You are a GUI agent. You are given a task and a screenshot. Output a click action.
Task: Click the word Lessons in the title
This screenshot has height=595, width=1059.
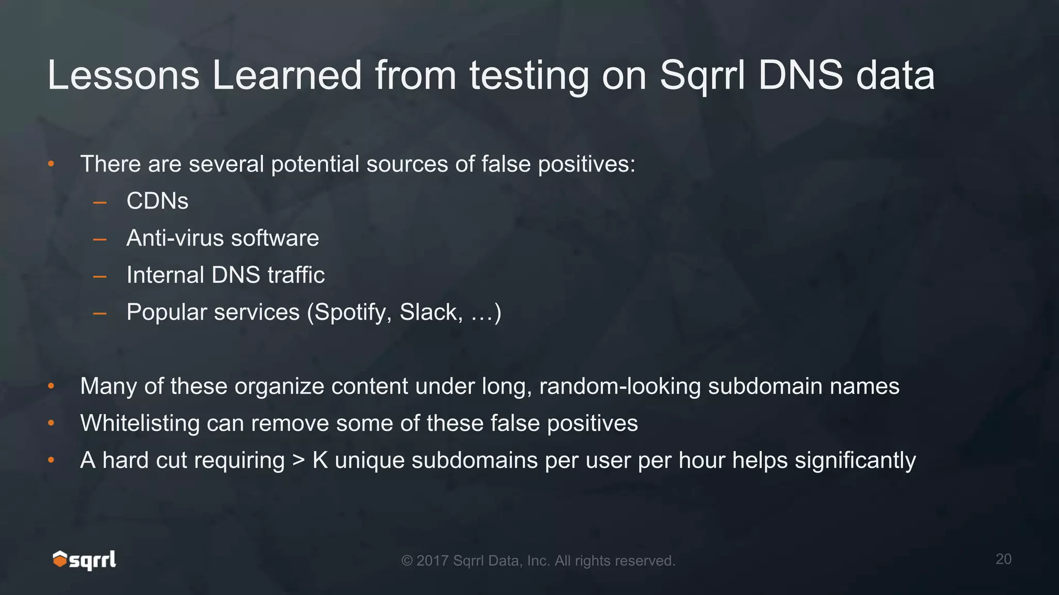click(123, 76)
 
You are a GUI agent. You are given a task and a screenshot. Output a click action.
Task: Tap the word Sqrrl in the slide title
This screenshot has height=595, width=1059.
click(703, 76)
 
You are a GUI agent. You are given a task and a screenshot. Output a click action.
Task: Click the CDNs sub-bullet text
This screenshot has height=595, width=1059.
click(157, 201)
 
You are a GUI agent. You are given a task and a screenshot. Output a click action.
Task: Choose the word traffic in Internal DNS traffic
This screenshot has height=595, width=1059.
click(296, 275)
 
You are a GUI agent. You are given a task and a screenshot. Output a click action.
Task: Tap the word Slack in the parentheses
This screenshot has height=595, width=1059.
click(430, 312)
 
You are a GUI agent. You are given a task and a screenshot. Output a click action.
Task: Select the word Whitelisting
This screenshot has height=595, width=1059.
click(140, 424)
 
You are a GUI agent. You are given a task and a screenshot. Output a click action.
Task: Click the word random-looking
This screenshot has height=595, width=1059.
click(620, 386)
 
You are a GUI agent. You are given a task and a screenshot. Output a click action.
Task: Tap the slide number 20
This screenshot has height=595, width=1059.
click(1003, 559)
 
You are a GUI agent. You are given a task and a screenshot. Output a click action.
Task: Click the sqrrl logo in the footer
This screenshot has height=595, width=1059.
click(84, 560)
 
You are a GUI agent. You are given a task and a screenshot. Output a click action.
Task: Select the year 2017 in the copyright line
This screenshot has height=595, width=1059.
click(432, 561)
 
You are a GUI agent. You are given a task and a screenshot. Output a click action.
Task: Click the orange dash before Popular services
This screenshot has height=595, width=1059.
click(100, 313)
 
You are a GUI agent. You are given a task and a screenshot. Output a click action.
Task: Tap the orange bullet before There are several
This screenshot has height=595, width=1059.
click(51, 164)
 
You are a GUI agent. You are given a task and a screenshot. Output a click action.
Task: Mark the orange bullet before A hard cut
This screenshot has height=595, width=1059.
click(51, 460)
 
